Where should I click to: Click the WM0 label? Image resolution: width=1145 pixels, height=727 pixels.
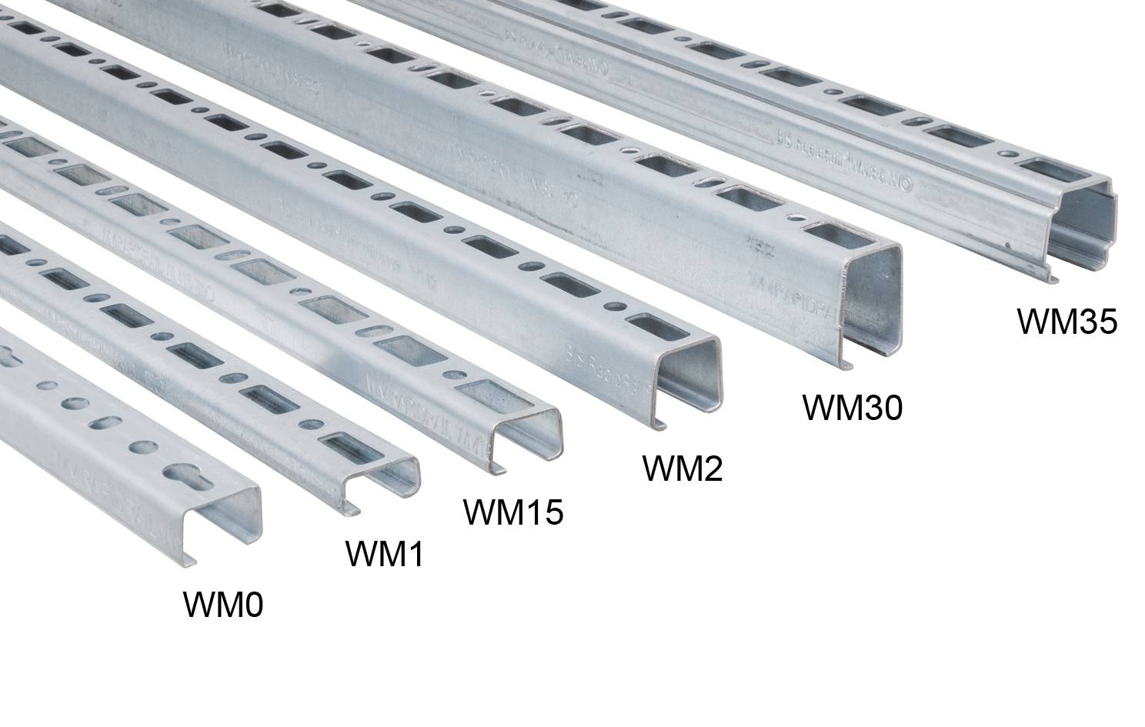[x=223, y=605]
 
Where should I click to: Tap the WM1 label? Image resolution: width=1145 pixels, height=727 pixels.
[x=384, y=553]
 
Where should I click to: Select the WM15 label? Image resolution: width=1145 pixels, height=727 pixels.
[x=512, y=512]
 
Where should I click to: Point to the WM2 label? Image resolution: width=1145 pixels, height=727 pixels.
[x=683, y=468]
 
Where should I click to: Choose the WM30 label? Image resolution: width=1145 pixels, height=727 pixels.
[x=852, y=407]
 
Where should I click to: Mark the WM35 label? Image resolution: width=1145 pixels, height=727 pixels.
[x=1067, y=322]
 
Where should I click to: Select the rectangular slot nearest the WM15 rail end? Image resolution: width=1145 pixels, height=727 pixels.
[x=484, y=393]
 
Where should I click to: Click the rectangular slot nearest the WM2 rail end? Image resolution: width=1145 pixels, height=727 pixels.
[x=647, y=326]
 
